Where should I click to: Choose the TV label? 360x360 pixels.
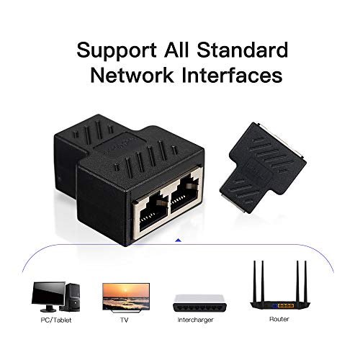point(125,318)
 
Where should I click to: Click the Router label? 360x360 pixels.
point(280,318)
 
